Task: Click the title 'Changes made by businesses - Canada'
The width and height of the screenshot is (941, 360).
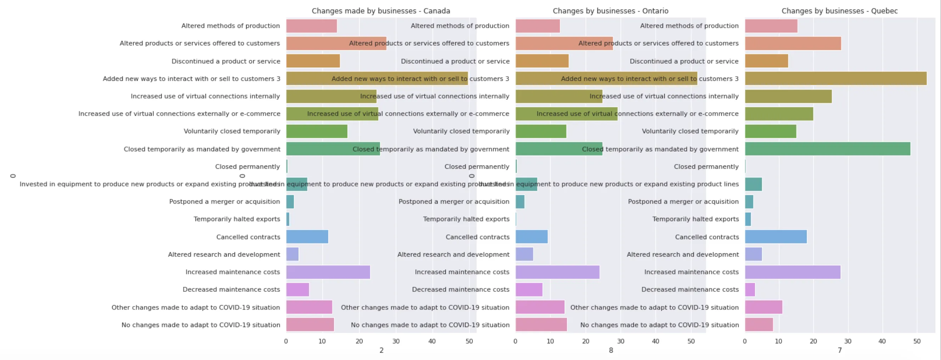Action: point(381,11)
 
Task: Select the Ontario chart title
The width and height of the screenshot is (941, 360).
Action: point(610,11)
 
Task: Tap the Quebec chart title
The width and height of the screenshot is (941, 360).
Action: point(839,11)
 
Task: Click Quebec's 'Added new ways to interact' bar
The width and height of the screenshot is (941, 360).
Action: point(835,79)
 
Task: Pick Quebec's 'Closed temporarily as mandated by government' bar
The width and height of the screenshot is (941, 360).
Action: point(827,149)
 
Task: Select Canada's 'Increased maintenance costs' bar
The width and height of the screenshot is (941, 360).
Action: point(328,272)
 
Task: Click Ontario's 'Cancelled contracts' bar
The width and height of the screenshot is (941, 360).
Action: point(531,237)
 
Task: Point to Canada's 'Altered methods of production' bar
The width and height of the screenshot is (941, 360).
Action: point(311,26)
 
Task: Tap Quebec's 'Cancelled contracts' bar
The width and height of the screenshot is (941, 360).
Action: point(776,237)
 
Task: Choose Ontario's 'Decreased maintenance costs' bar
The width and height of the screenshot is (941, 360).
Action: point(529,289)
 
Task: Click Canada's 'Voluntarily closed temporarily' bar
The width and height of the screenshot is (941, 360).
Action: point(317,131)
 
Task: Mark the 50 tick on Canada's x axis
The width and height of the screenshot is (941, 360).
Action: point(469,341)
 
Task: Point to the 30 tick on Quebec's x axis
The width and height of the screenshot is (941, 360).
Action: point(847,341)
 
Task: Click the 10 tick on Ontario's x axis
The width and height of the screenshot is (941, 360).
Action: point(550,341)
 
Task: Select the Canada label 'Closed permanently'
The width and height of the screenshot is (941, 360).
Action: point(247,167)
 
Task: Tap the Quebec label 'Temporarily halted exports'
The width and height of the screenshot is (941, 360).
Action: point(695,219)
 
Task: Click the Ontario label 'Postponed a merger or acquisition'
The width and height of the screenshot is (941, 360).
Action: point(454,201)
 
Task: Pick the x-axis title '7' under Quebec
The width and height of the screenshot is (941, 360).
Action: point(840,350)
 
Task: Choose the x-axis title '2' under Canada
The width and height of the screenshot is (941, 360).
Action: point(381,350)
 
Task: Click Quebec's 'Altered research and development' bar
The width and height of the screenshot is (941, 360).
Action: point(753,254)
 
